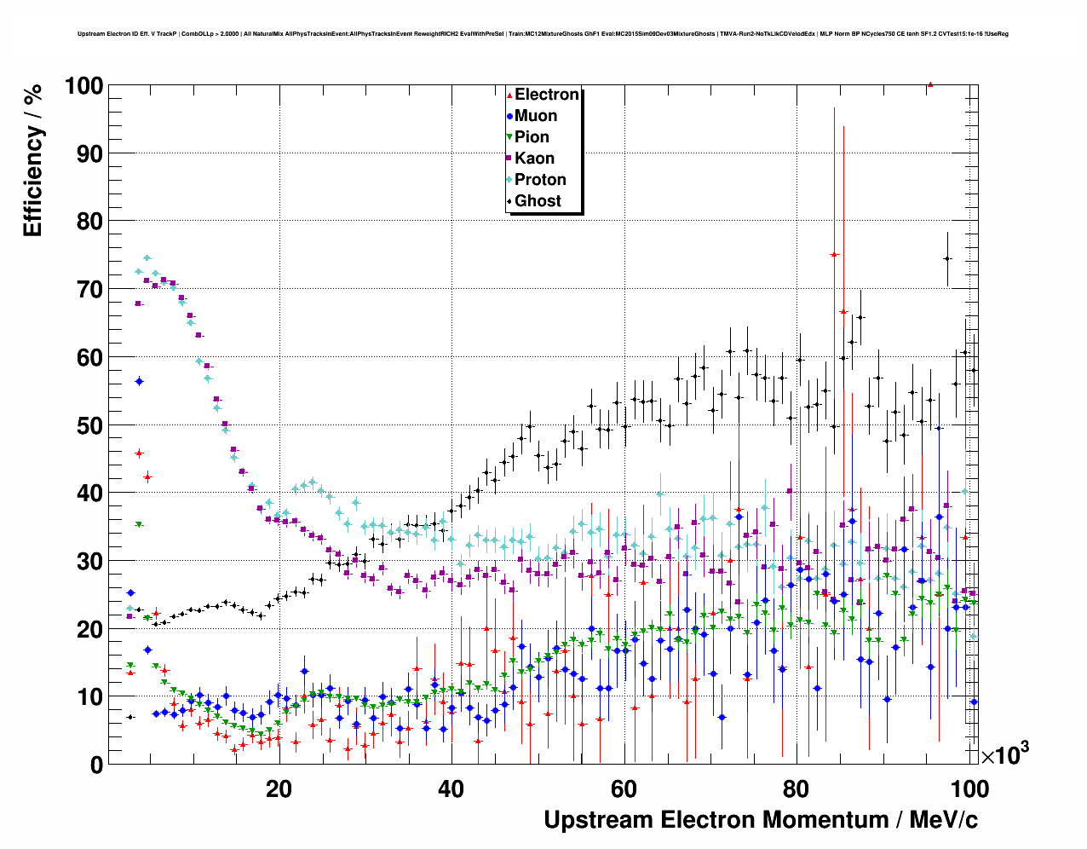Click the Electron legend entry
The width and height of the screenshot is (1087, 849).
click(546, 95)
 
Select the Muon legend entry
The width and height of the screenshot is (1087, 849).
click(535, 116)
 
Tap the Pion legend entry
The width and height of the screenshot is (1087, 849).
click(532, 137)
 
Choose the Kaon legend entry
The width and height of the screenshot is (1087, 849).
click(534, 159)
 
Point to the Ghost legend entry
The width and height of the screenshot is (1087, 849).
click(538, 201)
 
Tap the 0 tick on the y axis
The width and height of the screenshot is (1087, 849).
click(95, 765)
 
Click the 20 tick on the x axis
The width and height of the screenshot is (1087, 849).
click(279, 789)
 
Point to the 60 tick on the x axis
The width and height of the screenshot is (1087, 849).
click(624, 789)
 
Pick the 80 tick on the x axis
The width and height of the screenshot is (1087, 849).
click(796, 789)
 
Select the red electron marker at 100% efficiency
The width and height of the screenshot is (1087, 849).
click(930, 84)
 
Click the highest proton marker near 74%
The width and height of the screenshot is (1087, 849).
click(147, 257)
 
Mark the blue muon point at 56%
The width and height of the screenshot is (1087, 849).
click(139, 381)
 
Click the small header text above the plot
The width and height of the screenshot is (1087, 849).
click(543, 34)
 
